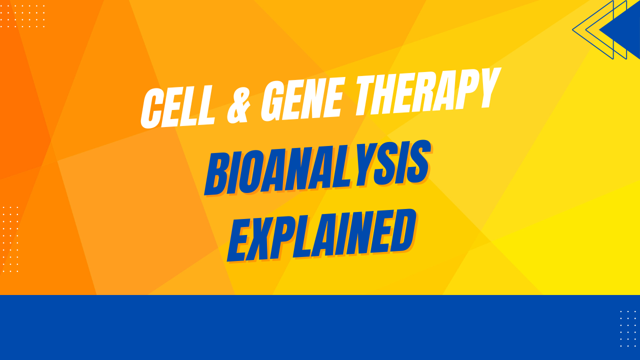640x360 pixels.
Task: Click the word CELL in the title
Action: [177, 106]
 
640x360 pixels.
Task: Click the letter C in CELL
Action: [152, 108]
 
